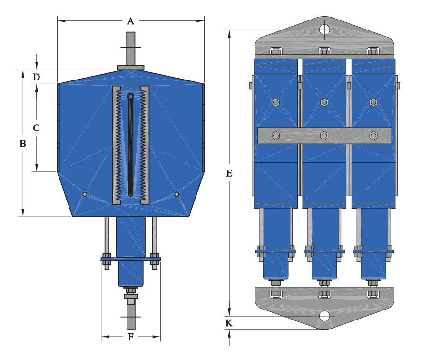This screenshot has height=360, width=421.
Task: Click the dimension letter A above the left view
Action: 130,21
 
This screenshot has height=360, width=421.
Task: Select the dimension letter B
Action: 23,143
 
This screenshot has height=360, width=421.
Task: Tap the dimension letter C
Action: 37,128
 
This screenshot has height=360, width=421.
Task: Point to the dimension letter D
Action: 37,77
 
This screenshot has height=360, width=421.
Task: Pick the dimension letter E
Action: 229,173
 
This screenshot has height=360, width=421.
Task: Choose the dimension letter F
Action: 131,337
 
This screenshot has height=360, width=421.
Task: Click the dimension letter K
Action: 229,323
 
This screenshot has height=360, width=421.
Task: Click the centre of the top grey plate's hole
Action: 324,30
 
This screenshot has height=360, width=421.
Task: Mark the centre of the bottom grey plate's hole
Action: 324,316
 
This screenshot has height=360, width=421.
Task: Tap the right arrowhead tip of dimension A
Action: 204,20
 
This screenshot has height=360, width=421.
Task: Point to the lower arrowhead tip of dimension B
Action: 23,216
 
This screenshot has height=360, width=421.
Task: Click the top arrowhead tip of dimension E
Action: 229,30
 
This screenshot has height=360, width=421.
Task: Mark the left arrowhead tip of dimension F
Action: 102,336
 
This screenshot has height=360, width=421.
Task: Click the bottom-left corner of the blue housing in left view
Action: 73,217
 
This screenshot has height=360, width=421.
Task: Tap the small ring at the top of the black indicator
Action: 130,96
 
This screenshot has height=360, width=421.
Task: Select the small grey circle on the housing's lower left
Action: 85,194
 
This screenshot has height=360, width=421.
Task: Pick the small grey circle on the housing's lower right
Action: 176,194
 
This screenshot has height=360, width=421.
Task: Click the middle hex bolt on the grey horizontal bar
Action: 324,135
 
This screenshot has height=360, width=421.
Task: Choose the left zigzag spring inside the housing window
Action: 118,145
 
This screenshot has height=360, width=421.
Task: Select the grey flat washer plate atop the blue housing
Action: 130,68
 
